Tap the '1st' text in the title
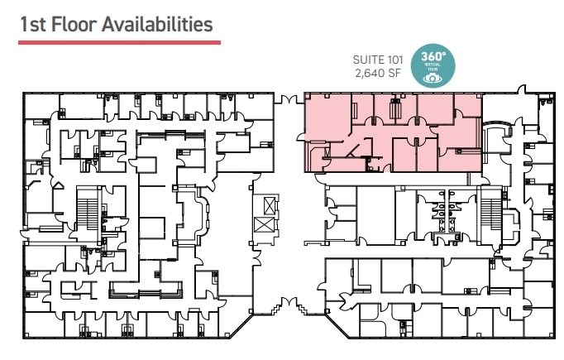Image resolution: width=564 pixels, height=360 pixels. click(34, 24)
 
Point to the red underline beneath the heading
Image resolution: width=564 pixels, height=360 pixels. click(119, 41)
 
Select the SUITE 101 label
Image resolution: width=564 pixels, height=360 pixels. click(376, 59)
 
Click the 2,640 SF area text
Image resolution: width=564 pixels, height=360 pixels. click(377, 73)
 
